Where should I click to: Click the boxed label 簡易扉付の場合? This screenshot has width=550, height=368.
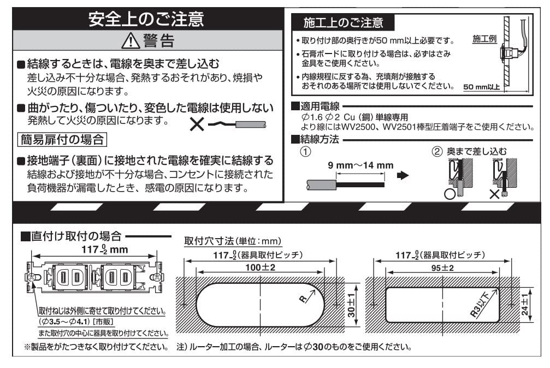click(x=62, y=139)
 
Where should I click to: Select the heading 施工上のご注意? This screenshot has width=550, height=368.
click(x=343, y=22)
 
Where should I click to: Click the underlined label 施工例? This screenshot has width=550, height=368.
click(x=485, y=39)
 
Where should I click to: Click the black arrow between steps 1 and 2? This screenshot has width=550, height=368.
click(x=403, y=176)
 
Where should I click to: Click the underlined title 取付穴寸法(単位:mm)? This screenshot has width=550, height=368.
click(x=233, y=241)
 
